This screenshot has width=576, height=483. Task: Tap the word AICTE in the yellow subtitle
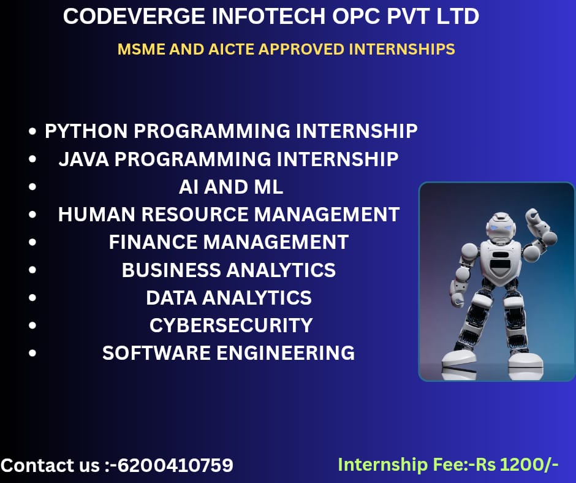[231, 49]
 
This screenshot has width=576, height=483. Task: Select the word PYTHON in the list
[86, 131]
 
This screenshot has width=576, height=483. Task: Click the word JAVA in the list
[84, 159]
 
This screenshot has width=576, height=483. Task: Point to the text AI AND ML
[231, 187]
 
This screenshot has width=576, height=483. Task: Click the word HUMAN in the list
[97, 215]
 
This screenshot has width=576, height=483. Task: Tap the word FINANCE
[153, 242]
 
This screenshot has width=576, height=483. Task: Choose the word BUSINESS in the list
[171, 270]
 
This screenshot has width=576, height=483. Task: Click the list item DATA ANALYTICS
[229, 298]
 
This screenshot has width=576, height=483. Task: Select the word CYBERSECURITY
[231, 325]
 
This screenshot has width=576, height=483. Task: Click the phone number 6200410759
[175, 465]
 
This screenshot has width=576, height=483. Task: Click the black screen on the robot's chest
[500, 264]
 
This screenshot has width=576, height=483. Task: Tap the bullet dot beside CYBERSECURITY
[32, 325]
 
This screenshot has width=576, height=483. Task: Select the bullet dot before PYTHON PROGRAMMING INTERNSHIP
[32, 131]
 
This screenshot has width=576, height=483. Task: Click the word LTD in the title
[458, 17]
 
